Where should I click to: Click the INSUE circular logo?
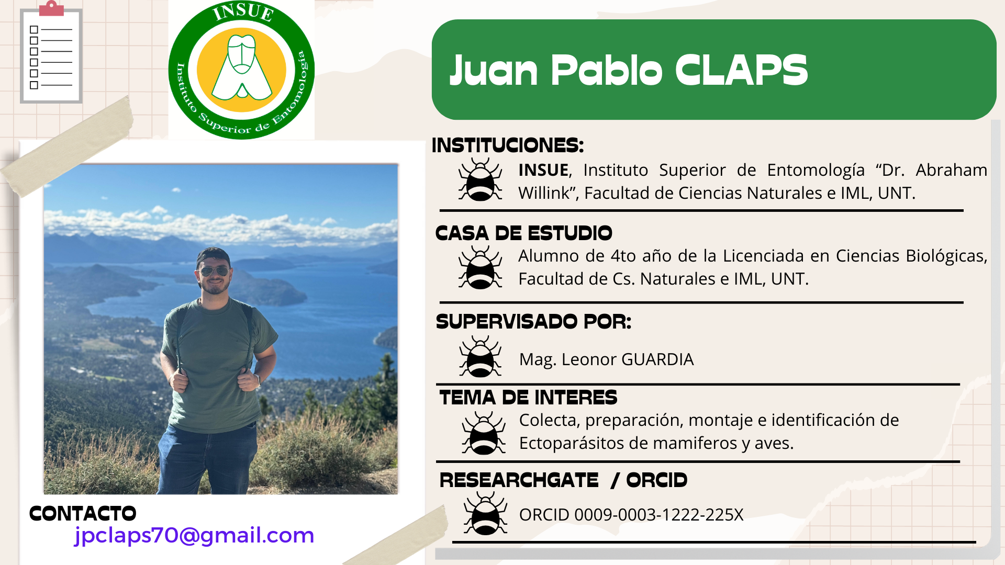coord(241,70)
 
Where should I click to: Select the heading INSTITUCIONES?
coord(507,145)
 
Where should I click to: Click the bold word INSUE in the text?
coord(543,170)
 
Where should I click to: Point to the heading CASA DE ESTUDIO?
coord(523,233)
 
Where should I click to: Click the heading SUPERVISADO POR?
coord(533,322)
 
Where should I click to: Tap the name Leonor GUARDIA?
coord(628,359)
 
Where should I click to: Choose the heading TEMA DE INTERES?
coord(528,398)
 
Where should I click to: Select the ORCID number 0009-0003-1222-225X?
coord(659,515)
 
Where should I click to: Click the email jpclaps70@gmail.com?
coord(194,536)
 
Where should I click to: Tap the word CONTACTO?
coord(83,514)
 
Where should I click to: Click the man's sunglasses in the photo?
coord(214,271)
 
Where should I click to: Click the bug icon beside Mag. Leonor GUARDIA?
coord(481,357)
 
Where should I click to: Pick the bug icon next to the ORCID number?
coord(485,513)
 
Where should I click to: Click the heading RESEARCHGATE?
coord(519,480)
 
